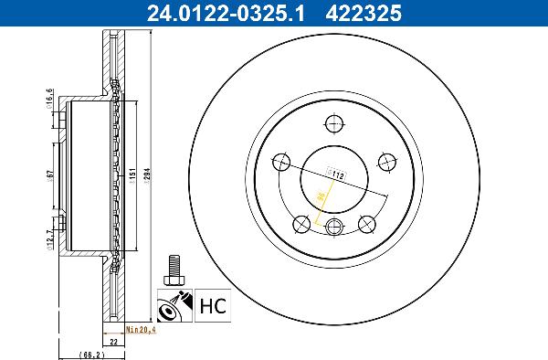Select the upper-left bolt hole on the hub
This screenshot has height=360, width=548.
pyautogui.click(x=281, y=163)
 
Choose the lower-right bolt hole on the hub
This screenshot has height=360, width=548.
pyautogui.click(x=368, y=222)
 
